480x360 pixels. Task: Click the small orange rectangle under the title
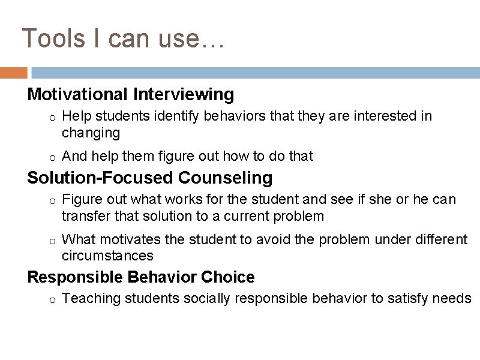13,73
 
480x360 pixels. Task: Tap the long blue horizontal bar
255,73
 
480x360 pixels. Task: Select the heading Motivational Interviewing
131,95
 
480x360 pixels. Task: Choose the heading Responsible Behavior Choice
141,277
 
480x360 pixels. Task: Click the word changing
91,133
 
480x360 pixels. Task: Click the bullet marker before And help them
53,157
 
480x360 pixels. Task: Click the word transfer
82,216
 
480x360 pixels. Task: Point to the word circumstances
107,256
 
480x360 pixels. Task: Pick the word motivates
130,240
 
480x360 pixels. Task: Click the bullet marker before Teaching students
53,299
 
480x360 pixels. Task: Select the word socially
205,299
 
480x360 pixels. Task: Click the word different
440,240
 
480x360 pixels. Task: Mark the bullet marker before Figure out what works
53,200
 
